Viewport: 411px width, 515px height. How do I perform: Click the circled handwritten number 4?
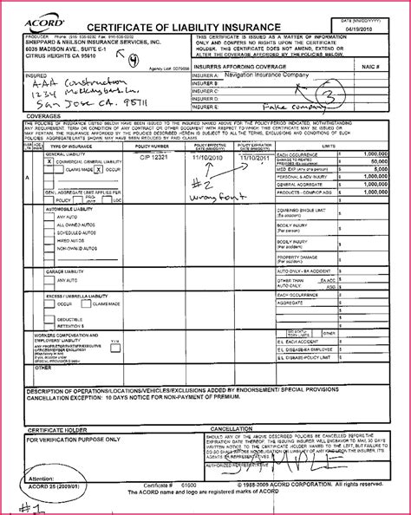tap(133, 61)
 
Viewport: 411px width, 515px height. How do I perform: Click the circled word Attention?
tap(43, 478)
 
